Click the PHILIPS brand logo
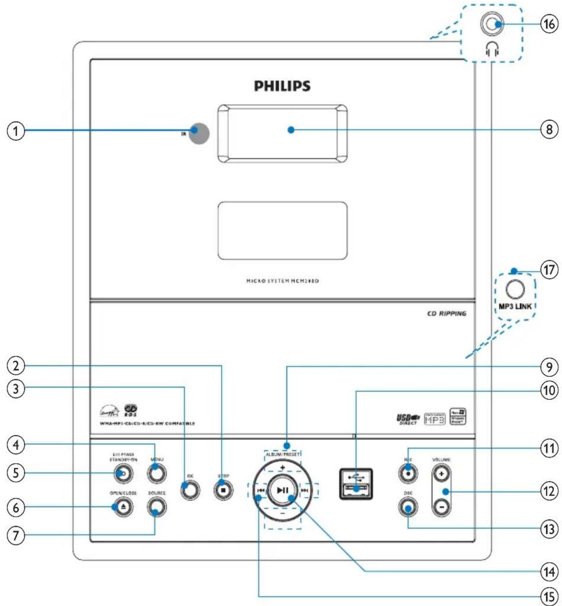click(x=282, y=85)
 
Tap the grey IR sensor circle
click(x=199, y=133)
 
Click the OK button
click(x=190, y=490)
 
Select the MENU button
click(x=157, y=473)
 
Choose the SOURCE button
click(x=157, y=507)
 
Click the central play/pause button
click(x=283, y=490)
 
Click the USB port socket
click(x=356, y=484)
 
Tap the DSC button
click(x=408, y=507)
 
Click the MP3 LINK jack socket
click(x=515, y=289)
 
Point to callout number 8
click(x=549, y=130)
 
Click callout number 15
click(x=549, y=596)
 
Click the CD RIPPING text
click(x=447, y=313)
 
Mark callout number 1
click(x=15, y=131)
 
